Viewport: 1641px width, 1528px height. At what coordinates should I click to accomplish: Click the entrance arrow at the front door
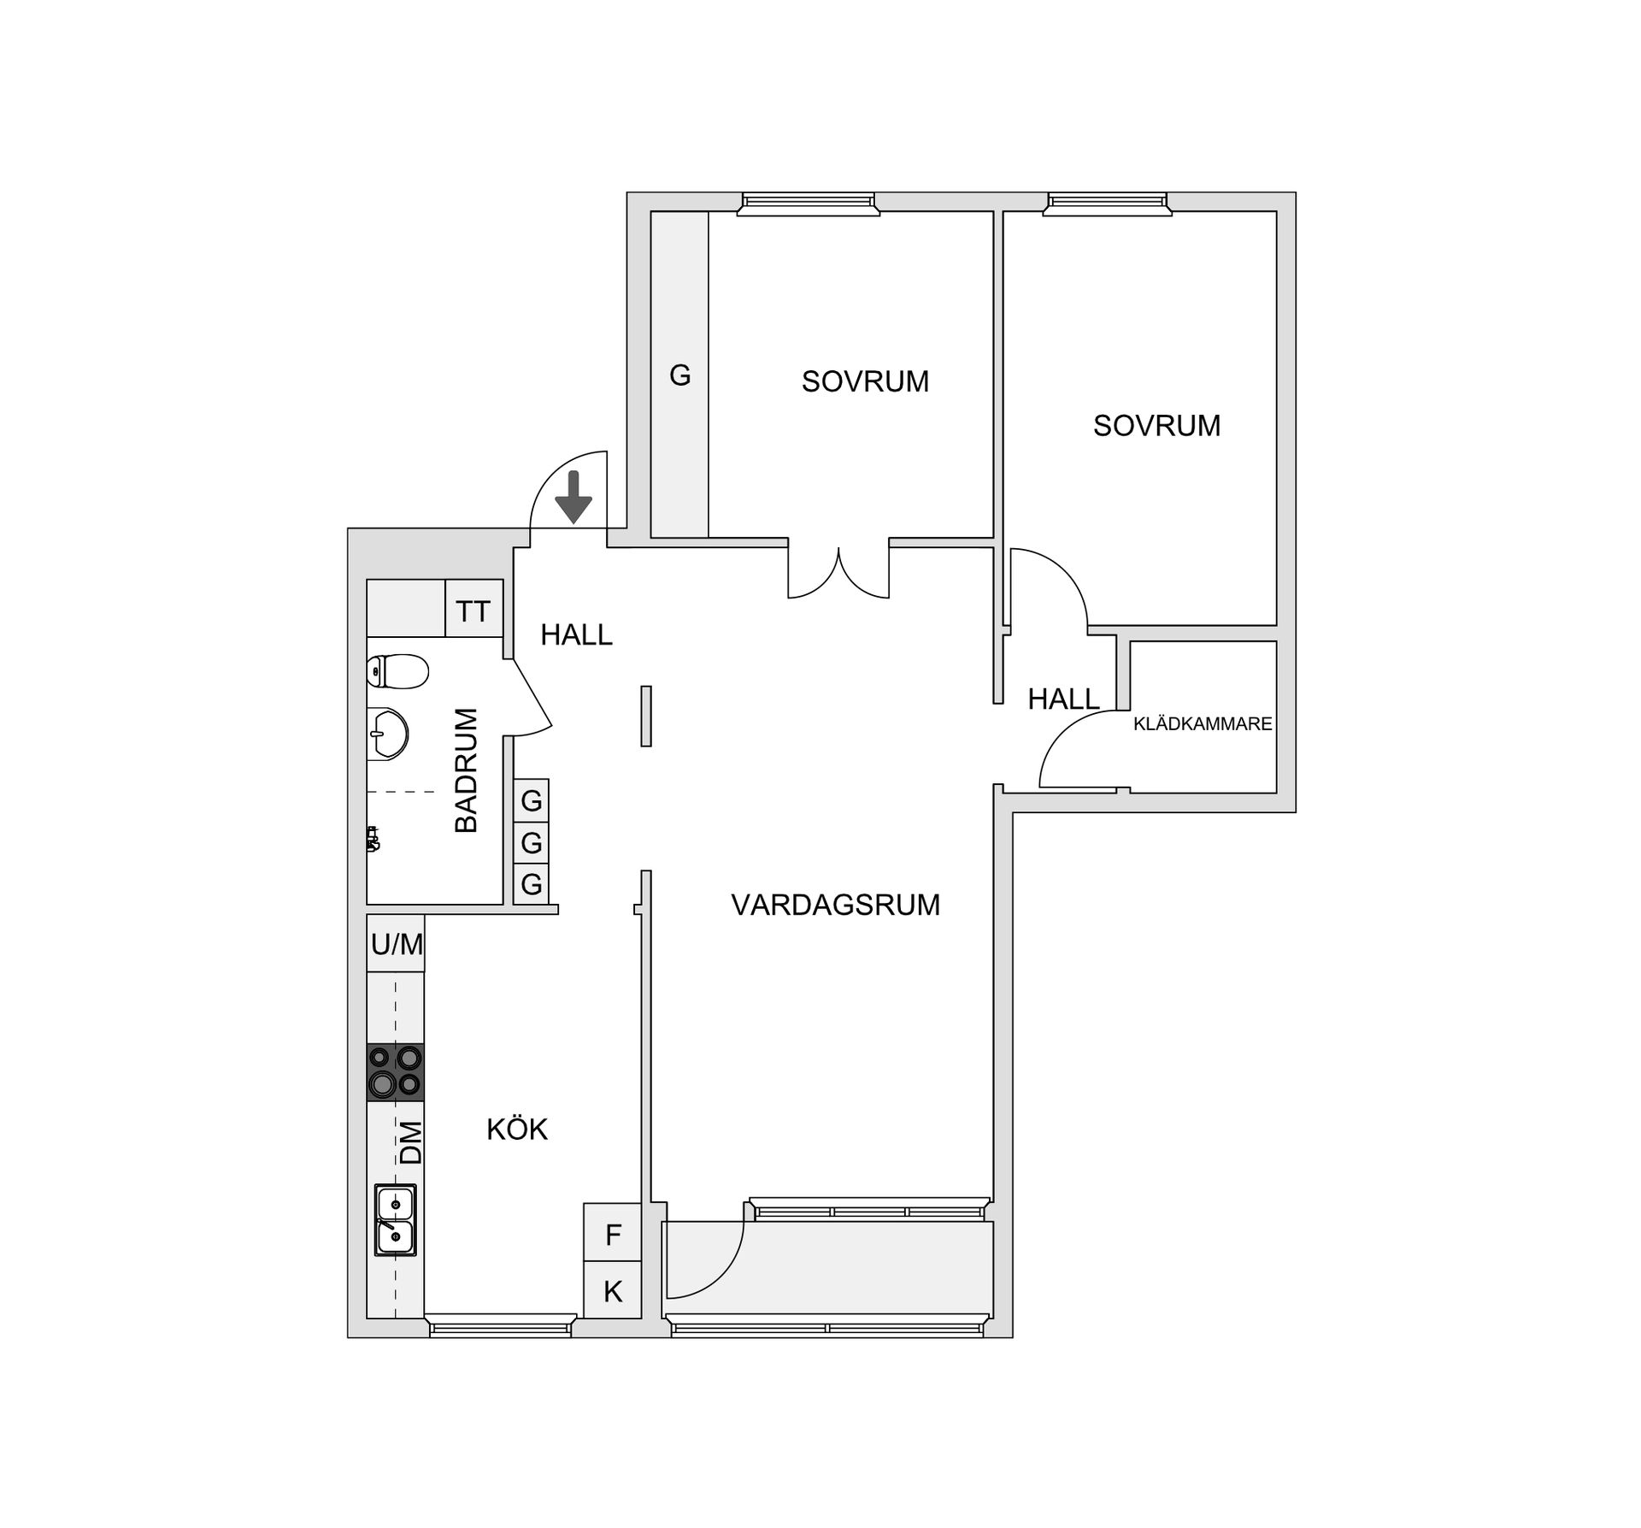[573, 498]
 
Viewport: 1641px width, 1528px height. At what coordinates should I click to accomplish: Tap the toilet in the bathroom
[397, 671]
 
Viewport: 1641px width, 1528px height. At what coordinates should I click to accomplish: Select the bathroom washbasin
[387, 733]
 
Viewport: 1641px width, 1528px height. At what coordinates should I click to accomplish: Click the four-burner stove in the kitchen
[396, 1071]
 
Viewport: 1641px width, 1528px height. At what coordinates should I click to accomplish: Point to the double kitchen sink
[395, 1219]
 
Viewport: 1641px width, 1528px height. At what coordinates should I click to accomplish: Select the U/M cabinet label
[397, 944]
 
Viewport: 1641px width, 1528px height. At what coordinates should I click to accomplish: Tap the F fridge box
[613, 1235]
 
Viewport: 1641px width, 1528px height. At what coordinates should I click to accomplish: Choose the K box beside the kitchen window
[613, 1292]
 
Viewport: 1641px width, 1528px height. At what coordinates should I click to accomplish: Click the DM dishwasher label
[411, 1142]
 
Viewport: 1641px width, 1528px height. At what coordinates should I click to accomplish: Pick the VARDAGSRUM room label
[835, 905]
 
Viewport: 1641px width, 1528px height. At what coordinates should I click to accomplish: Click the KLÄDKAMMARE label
[1203, 724]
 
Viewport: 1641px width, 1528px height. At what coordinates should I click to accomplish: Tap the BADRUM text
[467, 770]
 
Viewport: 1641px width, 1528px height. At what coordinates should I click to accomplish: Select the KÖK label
[517, 1130]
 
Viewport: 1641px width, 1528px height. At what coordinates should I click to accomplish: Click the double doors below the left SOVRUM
[838, 570]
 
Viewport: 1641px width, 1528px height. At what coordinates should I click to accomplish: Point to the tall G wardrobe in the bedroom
[680, 375]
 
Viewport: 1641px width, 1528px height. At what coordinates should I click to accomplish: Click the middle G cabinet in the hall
[532, 843]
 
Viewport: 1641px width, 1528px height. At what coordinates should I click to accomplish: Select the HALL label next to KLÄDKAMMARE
[1063, 699]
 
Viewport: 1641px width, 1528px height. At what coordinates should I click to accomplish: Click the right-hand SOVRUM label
[1156, 426]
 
